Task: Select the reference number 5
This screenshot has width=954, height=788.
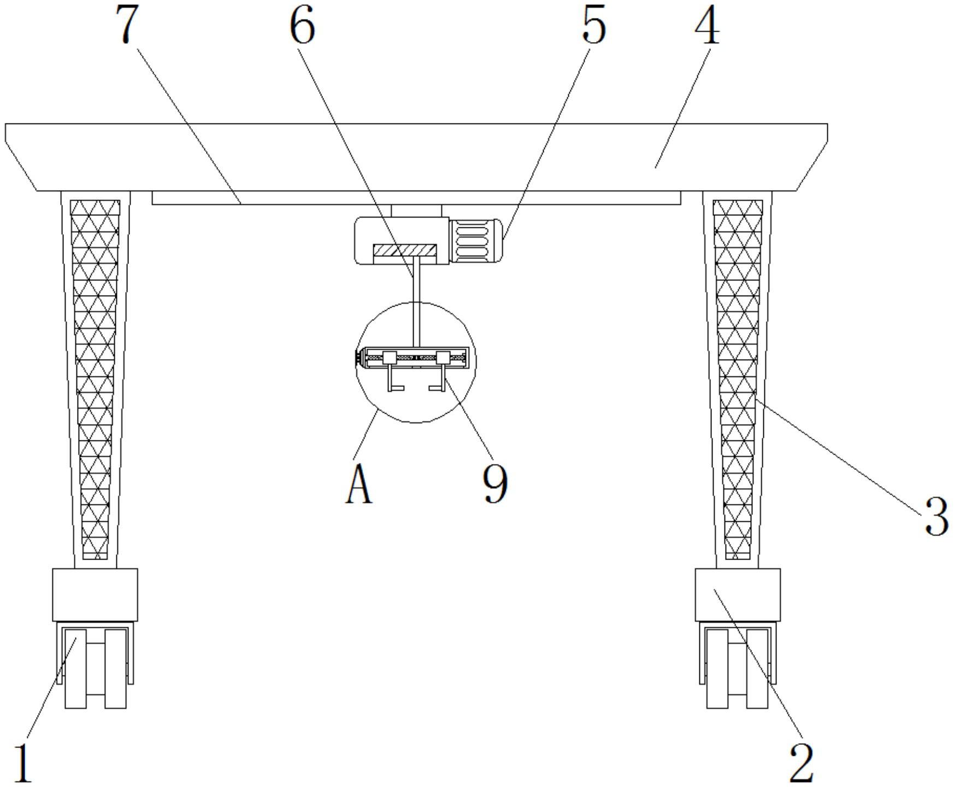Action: click(x=593, y=26)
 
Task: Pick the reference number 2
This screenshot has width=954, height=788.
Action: click(x=801, y=763)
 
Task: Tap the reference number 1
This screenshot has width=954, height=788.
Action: click(x=23, y=763)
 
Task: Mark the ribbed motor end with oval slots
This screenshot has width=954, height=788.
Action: click(x=475, y=241)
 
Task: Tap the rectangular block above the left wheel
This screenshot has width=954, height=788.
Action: click(x=95, y=595)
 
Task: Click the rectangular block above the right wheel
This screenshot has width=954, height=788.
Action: click(x=737, y=595)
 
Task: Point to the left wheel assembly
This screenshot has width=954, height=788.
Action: click(x=96, y=668)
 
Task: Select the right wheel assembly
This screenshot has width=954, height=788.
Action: click(x=737, y=668)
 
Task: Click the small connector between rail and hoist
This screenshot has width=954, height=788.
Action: click(x=416, y=210)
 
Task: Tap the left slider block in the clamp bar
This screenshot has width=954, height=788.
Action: click(x=389, y=358)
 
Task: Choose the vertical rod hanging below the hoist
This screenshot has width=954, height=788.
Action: click(x=416, y=301)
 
